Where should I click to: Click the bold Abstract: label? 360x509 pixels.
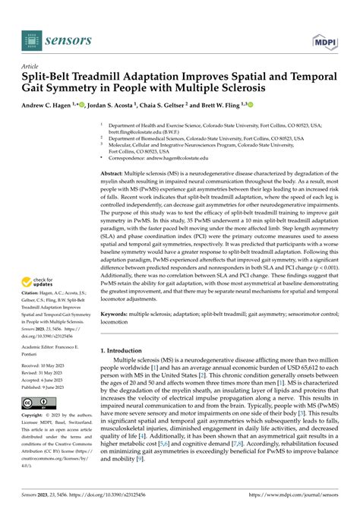(x=116, y=174)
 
